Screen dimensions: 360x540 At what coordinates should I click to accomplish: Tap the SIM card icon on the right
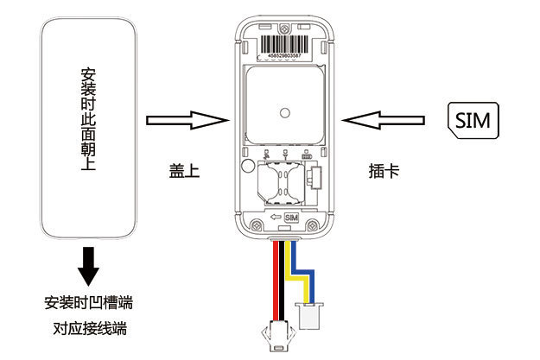(x=472, y=120)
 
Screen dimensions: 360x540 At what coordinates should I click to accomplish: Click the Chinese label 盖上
(x=184, y=171)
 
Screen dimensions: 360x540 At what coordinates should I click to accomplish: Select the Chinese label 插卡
(x=383, y=171)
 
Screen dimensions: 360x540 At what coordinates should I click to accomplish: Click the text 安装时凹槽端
(x=88, y=303)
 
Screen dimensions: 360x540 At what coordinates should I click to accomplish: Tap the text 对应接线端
(x=88, y=329)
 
